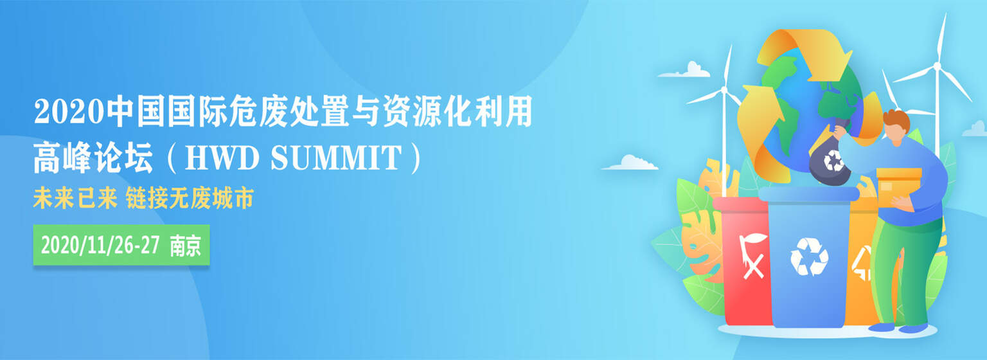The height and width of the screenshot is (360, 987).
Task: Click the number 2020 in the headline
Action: pyautogui.click(x=69, y=112)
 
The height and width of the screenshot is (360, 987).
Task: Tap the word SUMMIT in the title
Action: pyautogui.click(x=336, y=158)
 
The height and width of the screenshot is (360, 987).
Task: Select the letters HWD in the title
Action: pyautogui.click(x=222, y=158)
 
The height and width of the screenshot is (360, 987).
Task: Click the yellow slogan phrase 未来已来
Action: pyautogui.click(x=75, y=197)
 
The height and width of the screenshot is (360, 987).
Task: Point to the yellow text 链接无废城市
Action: pyautogui.click(x=190, y=197)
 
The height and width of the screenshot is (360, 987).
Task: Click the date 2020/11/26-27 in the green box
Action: pyautogui.click(x=100, y=245)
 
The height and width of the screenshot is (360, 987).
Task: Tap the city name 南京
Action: pyautogui.click(x=186, y=246)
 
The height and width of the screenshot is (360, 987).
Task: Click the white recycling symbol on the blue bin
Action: pyautogui.click(x=809, y=257)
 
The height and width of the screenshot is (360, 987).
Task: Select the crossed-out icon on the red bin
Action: pyautogui.click(x=753, y=256)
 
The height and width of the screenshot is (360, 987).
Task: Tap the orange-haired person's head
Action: pyautogui.click(x=896, y=127)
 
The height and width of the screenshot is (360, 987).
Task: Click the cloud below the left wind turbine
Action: pyautogui.click(x=630, y=163)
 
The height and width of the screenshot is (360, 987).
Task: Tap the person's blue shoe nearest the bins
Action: pyautogui.click(x=881, y=327)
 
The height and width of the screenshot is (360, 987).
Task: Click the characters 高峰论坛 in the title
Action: pyautogui.click(x=93, y=157)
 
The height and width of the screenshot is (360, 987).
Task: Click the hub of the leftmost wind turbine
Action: pyautogui.click(x=724, y=90)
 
